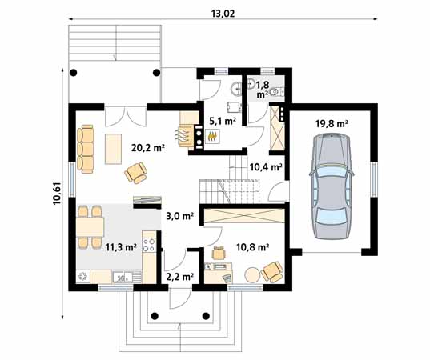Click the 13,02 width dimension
point(218,12)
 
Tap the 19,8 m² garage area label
point(332,124)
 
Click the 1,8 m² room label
point(262,89)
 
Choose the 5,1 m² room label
point(221,122)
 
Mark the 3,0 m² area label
point(179,215)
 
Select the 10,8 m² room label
point(252,248)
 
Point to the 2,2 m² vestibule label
point(179,277)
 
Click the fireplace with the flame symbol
point(212,137)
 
